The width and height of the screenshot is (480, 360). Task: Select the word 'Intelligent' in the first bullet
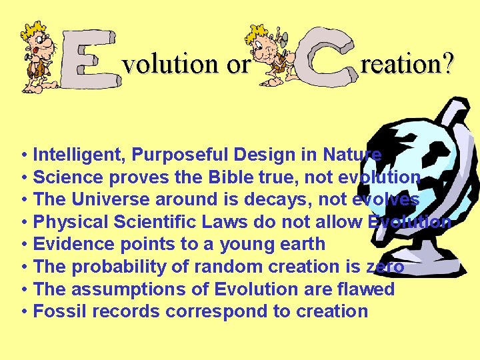79,155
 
